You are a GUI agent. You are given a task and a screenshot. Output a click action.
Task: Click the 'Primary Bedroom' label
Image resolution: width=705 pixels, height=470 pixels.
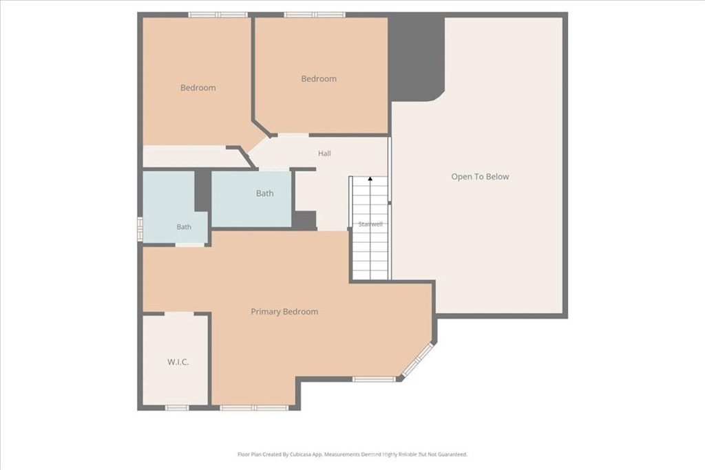click(284, 312)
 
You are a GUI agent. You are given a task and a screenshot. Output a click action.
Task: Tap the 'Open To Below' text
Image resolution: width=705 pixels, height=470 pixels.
click(480, 177)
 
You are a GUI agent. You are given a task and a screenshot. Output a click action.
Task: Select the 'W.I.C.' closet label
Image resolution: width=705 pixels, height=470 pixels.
click(178, 362)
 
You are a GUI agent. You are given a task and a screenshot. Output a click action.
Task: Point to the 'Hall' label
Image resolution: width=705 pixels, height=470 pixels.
click(325, 153)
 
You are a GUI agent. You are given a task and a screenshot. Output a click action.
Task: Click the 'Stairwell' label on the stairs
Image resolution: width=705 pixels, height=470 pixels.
click(370, 224)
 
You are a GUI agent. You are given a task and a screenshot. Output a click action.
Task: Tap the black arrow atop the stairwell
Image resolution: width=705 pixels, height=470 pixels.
click(370, 179)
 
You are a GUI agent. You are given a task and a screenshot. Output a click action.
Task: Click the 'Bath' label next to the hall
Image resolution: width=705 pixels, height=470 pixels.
click(265, 193)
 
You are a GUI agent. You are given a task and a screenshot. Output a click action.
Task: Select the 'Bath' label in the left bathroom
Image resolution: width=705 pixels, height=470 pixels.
click(184, 227)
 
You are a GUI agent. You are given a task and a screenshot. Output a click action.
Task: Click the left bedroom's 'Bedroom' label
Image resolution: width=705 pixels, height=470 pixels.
click(198, 87)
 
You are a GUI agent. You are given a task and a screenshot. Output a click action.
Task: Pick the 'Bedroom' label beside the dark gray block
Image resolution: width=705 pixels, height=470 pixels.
click(319, 78)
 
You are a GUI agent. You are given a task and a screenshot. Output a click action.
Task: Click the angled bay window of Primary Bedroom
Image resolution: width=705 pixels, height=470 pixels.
click(418, 359)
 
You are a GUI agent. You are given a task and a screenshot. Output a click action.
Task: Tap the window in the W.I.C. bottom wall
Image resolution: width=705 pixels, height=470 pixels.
click(177, 408)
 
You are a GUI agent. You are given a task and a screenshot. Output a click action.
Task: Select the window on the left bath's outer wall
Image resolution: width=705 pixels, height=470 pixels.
click(140, 230)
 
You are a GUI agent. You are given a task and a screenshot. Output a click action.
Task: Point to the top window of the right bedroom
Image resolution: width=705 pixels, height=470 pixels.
click(315, 15)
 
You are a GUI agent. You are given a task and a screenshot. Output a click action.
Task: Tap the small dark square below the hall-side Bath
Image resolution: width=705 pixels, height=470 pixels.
click(305, 220)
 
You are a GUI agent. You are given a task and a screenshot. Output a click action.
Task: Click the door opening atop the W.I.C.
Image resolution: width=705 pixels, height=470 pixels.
click(179, 314)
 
